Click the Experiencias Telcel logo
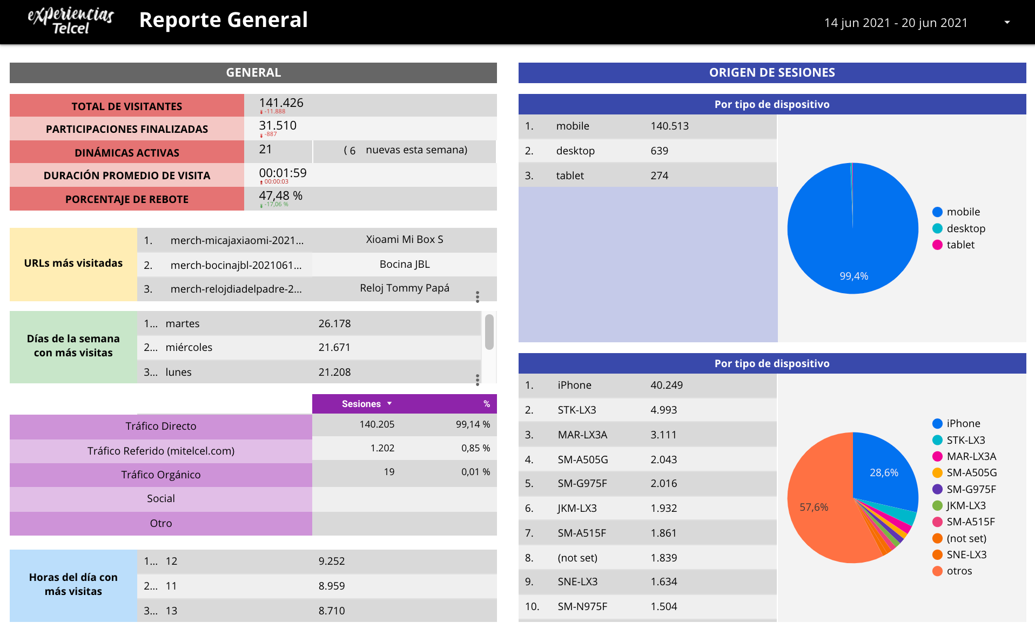(70, 21)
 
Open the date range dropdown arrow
(1007, 22)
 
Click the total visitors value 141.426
(281, 103)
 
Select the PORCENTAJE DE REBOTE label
(127, 199)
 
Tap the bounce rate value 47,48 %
(280, 195)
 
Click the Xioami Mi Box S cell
(404, 239)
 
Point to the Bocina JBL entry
(404, 264)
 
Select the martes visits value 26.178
(334, 323)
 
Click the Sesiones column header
(361, 404)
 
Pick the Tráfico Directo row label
(161, 426)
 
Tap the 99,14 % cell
(473, 424)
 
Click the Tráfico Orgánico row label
(161, 475)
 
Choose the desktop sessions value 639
(659, 151)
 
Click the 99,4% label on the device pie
(853, 276)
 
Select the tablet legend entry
(960, 245)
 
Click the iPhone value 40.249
(666, 385)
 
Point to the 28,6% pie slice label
(884, 472)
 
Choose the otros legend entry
(959, 571)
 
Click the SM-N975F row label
(582, 606)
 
